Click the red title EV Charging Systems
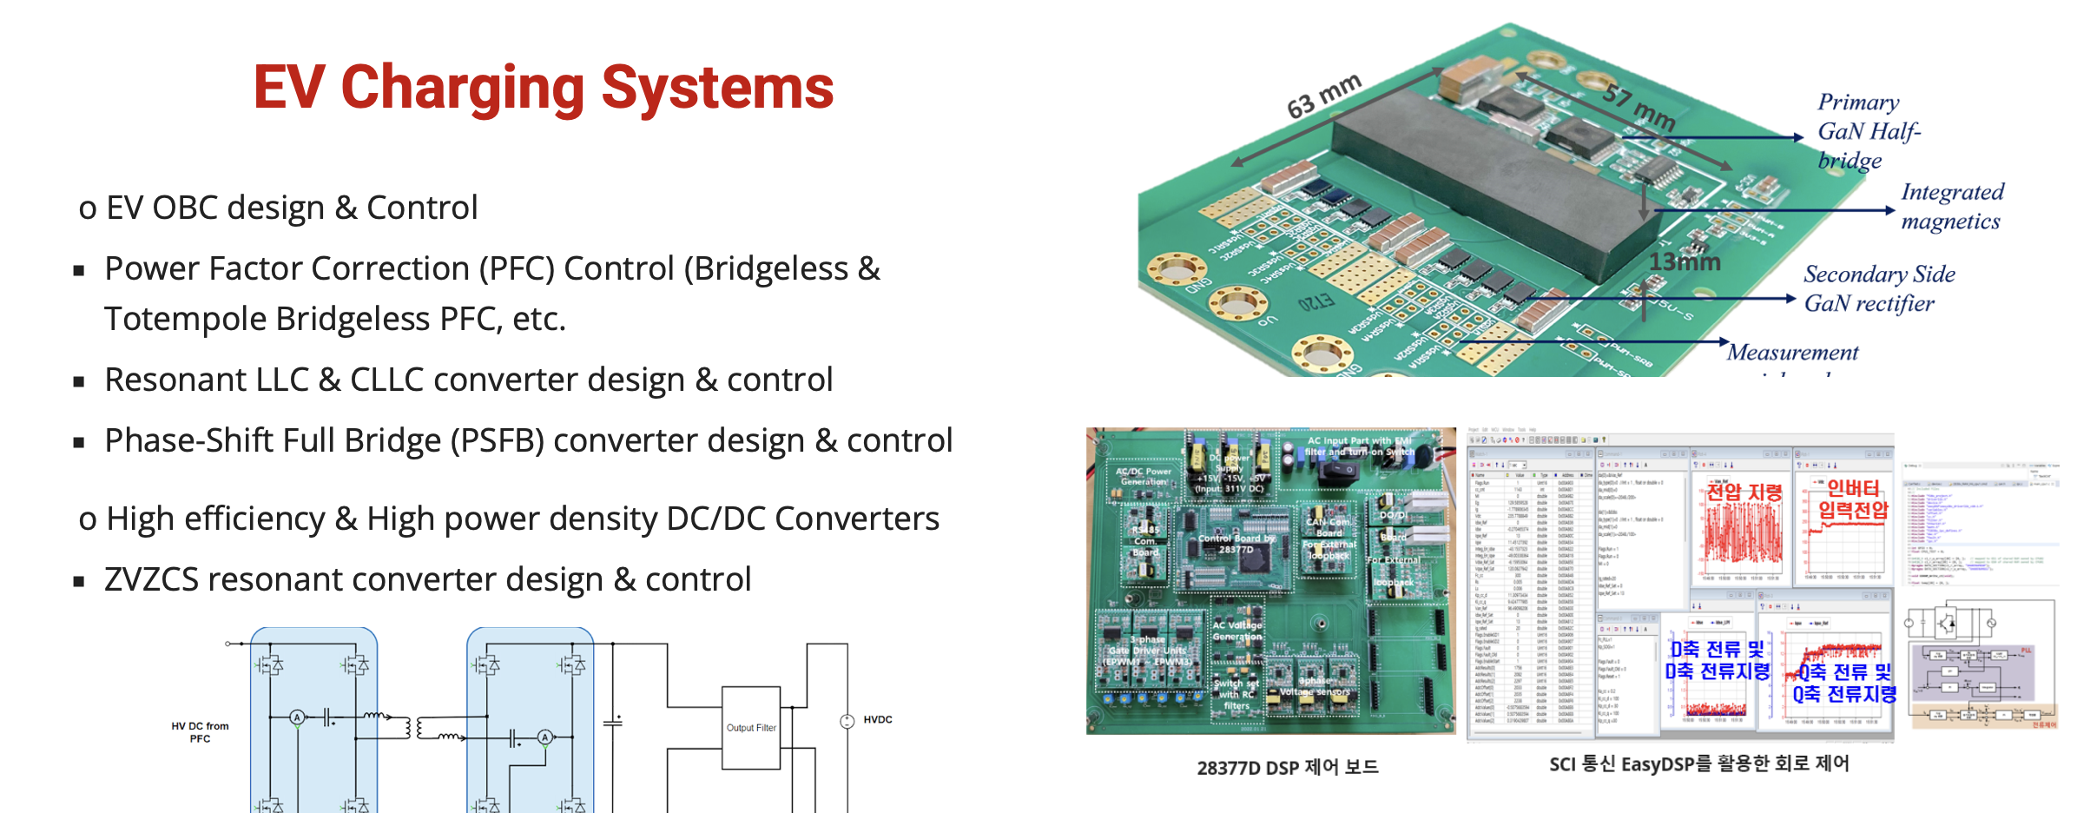(544, 88)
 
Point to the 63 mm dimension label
(1323, 96)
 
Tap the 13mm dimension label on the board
(1684, 261)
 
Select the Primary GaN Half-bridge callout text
(1868, 131)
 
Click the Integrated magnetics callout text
(1951, 206)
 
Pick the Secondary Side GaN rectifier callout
(1878, 288)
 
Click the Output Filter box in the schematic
(751, 728)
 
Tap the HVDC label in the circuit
(878, 719)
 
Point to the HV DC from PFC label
(200, 732)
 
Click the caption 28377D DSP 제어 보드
(1287, 767)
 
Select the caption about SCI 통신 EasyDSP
(1698, 763)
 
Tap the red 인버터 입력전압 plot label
(1853, 499)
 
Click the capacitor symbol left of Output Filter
(613, 722)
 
